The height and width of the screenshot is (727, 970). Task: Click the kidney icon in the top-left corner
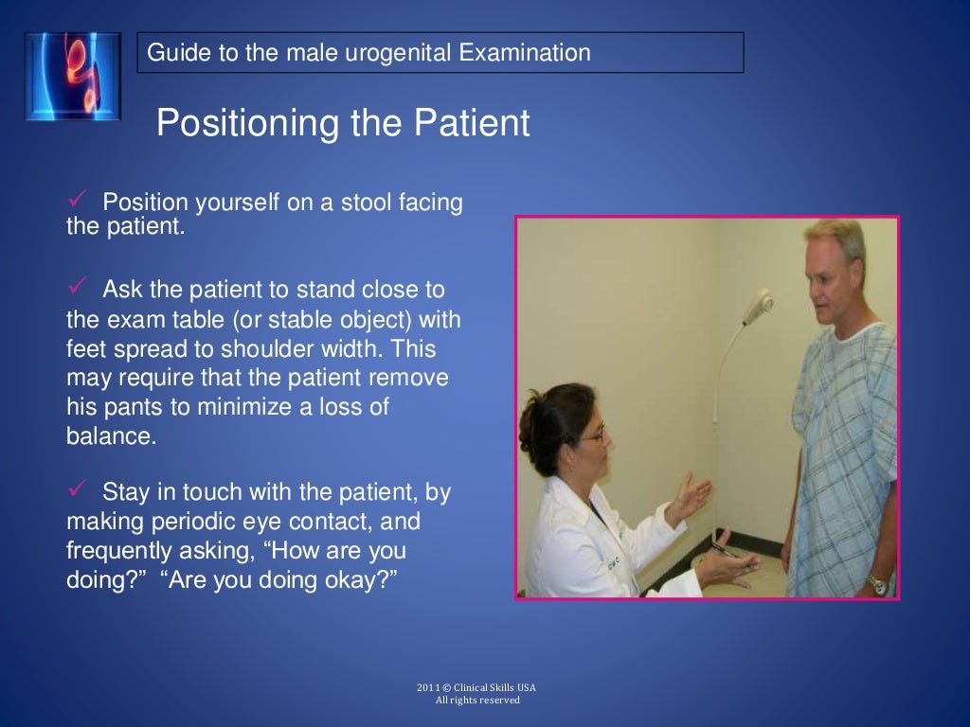(73, 76)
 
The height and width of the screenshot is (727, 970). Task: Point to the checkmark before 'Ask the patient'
(78, 286)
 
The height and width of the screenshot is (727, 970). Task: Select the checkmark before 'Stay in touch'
(78, 488)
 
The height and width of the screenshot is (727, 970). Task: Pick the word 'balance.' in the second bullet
(111, 437)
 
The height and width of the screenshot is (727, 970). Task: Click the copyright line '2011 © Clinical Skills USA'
(477, 687)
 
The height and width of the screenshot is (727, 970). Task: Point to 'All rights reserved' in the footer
(477, 700)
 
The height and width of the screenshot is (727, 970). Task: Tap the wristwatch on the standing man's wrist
(877, 585)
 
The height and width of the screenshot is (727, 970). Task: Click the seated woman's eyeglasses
(593, 436)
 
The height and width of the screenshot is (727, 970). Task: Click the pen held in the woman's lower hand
(724, 552)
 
